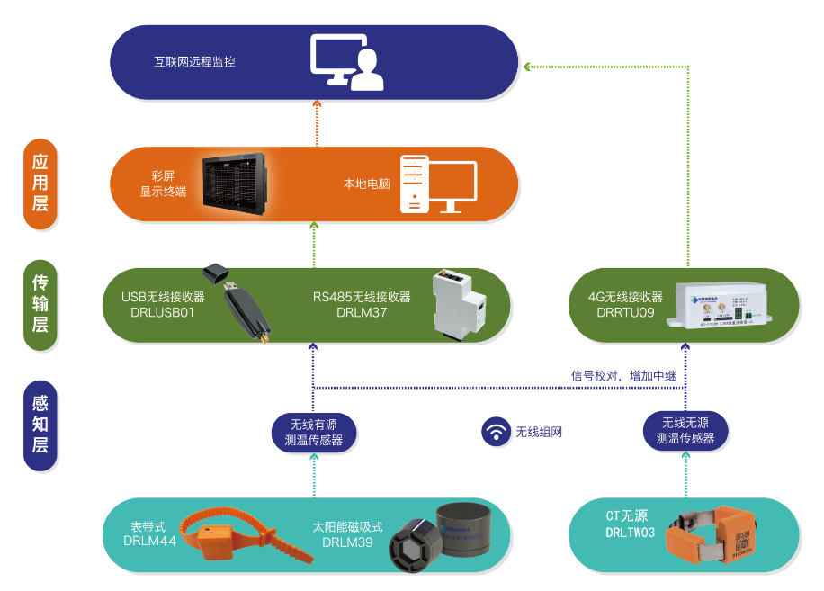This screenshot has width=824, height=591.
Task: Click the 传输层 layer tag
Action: pyautogui.click(x=40, y=303)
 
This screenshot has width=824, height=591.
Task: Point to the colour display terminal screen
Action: pyautogui.click(x=235, y=182)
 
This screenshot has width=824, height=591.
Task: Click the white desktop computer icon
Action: pyautogui.click(x=437, y=185)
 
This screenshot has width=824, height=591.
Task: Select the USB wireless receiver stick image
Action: pyautogui.click(x=237, y=301)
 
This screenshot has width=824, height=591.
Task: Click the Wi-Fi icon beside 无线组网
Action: pyautogui.click(x=495, y=432)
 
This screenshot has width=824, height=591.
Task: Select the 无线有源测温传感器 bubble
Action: pyautogui.click(x=313, y=432)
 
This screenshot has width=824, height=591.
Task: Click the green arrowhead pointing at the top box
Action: pyautogui.click(x=528, y=66)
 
